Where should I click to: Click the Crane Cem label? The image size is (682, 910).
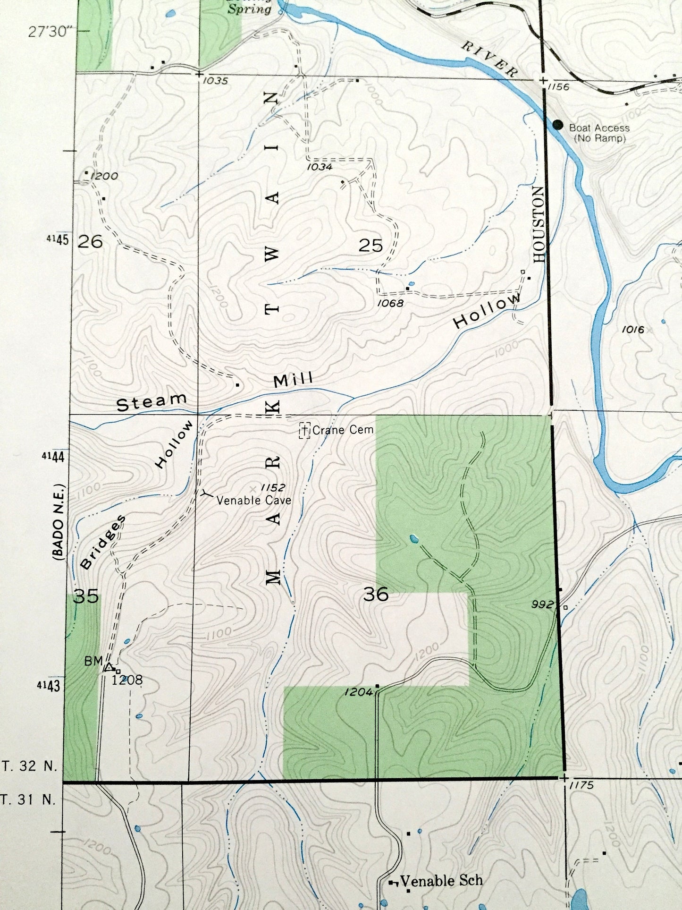click(x=343, y=430)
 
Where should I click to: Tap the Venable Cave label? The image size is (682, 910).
click(x=253, y=501)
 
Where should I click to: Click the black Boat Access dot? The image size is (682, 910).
click(x=557, y=125)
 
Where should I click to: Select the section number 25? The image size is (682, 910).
click(x=370, y=246)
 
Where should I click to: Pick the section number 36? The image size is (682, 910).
click(x=376, y=594)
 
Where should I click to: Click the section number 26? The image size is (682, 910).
click(x=90, y=242)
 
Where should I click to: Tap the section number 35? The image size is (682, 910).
click(x=87, y=597)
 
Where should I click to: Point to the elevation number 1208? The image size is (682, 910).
click(x=127, y=680)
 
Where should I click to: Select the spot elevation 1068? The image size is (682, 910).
click(x=390, y=303)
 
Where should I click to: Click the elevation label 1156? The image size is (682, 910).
click(x=559, y=87)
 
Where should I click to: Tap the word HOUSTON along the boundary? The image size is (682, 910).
click(x=539, y=224)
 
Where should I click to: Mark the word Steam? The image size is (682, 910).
click(x=151, y=402)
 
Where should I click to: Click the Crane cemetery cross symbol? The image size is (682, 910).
click(x=305, y=430)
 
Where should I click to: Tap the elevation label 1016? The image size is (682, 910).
click(x=632, y=330)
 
